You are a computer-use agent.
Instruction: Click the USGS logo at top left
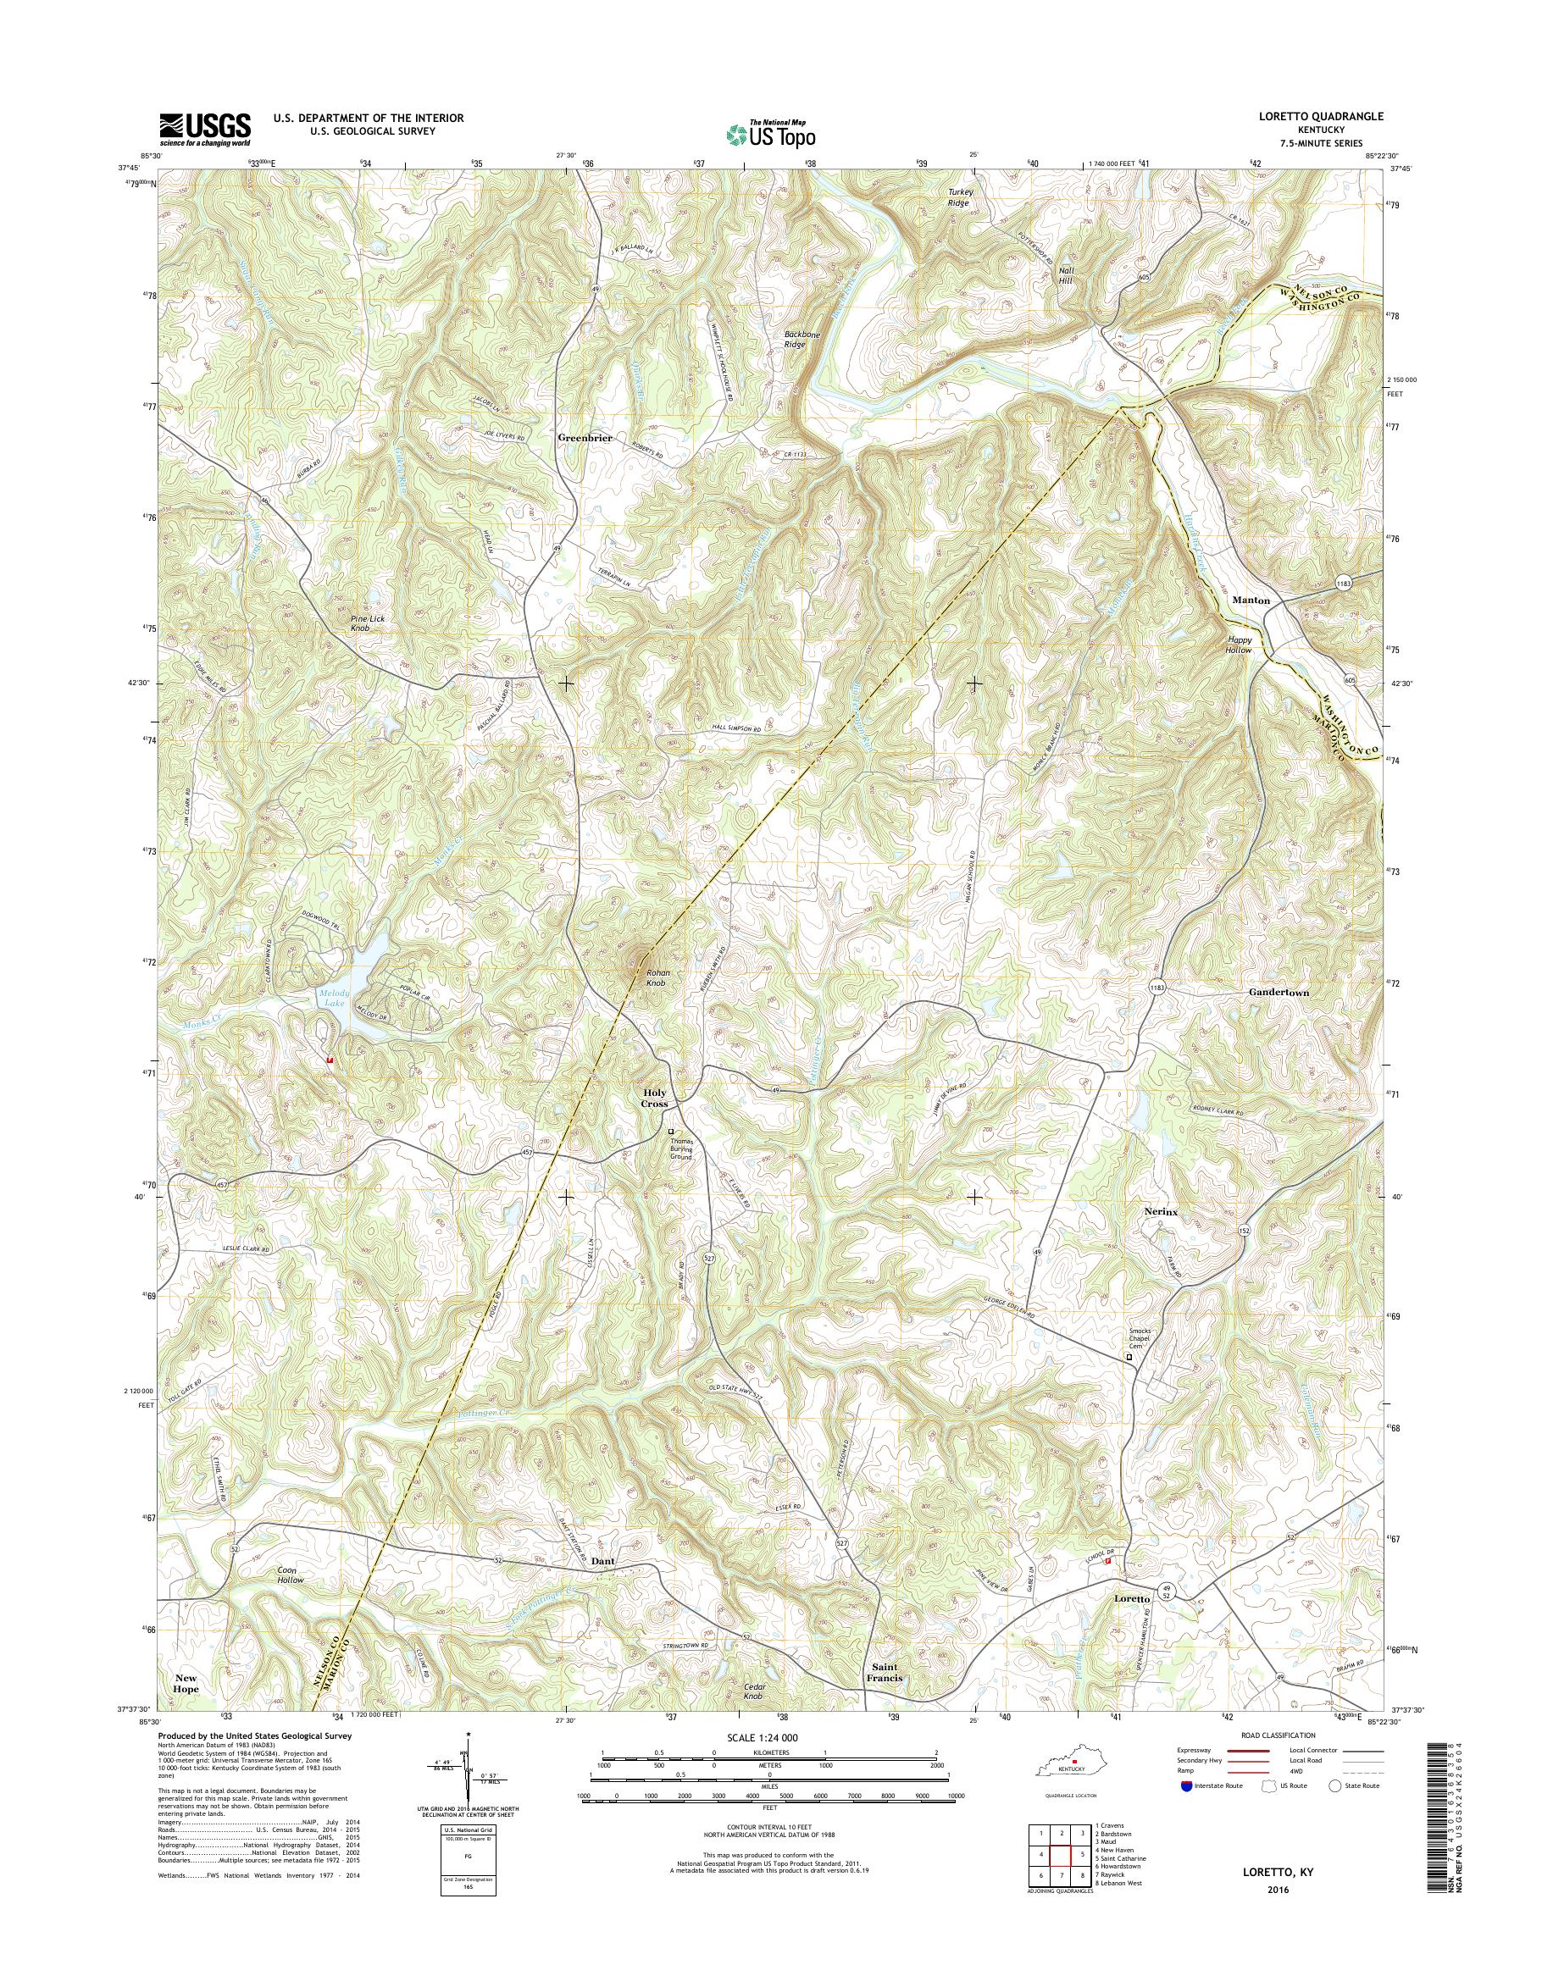pyautogui.click(x=205, y=130)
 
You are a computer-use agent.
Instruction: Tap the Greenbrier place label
pyautogui.click(x=585, y=438)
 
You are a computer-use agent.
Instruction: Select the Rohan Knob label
pyautogui.click(x=656, y=977)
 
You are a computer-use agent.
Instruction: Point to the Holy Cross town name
pyautogui.click(x=655, y=1099)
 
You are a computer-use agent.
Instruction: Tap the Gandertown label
pyautogui.click(x=1279, y=992)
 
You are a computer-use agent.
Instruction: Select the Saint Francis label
pyautogui.click(x=886, y=1673)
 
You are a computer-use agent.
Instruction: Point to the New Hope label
pyautogui.click(x=186, y=1682)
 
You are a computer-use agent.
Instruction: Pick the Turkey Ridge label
pyautogui.click(x=958, y=197)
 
